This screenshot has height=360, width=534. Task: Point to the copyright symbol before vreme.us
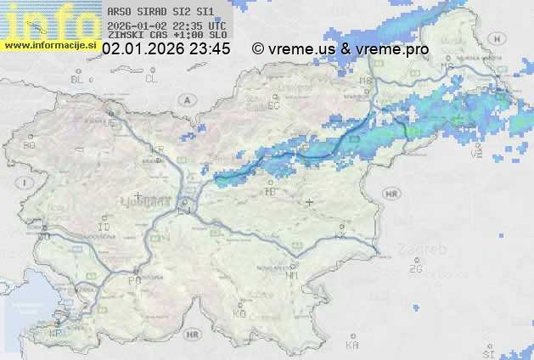coord(258,49)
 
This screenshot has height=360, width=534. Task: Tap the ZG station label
coord(415,269)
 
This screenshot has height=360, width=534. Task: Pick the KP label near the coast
coord(56,333)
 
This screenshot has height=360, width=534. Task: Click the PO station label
coord(134,280)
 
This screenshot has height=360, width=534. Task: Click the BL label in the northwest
coord(78,79)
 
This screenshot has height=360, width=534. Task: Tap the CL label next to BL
coord(152,79)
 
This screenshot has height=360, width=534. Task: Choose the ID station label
coord(104,228)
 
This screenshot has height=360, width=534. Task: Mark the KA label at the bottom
coord(352,346)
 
